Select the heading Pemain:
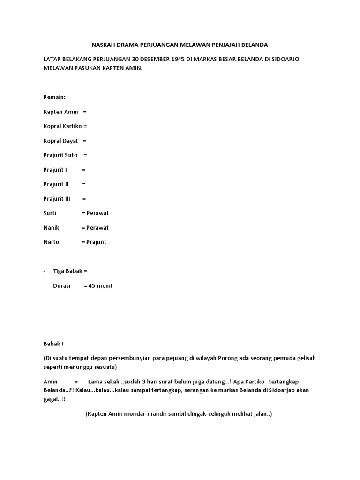[x=54, y=97]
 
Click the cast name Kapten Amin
[x=60, y=112]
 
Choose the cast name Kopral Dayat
[x=60, y=141]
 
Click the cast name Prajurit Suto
[x=60, y=155]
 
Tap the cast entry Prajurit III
[x=57, y=199]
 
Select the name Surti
[x=50, y=213]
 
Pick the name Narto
[x=51, y=242]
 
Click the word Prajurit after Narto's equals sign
[x=97, y=242]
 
